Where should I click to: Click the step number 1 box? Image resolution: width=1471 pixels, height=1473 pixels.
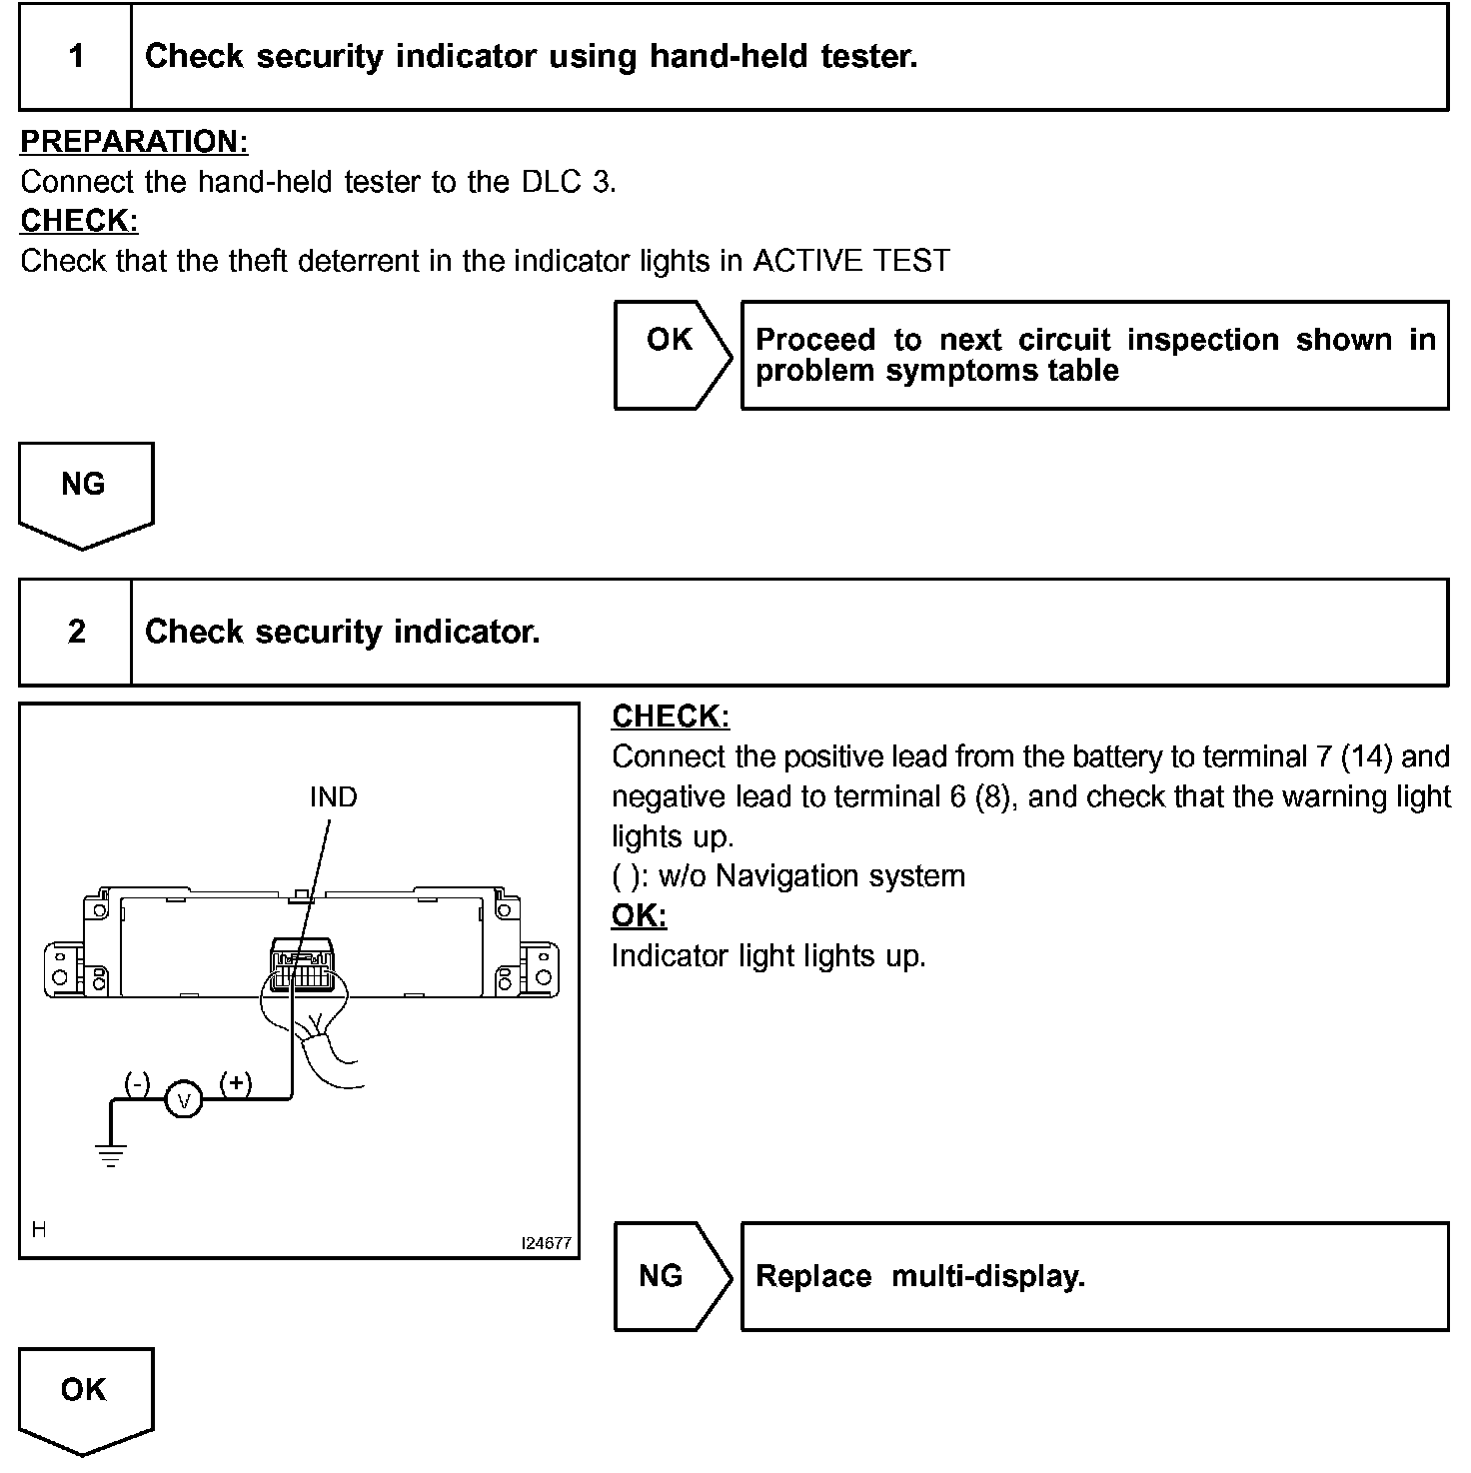[x=76, y=56]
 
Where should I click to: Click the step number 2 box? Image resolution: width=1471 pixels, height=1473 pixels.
[x=76, y=632]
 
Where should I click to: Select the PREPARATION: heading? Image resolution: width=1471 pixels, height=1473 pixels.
[x=134, y=142]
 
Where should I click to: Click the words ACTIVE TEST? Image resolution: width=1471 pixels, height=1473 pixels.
[x=850, y=261]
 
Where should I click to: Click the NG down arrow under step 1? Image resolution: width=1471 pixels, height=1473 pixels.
[x=85, y=493]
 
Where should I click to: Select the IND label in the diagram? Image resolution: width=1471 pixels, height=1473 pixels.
[x=333, y=796]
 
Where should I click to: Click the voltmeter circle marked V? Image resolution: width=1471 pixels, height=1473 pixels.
[x=183, y=1100]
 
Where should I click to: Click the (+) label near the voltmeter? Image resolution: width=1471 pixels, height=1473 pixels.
[x=236, y=1082]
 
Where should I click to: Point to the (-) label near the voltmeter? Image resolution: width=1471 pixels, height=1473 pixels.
[x=137, y=1082]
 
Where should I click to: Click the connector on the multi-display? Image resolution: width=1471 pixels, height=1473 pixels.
[x=302, y=964]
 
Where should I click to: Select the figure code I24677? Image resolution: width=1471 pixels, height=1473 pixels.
[x=546, y=1243]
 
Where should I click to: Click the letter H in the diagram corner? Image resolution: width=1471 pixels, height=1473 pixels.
[x=39, y=1229]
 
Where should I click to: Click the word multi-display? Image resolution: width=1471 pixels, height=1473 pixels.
[x=987, y=1276]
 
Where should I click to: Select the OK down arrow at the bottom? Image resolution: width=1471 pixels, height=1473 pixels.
[x=85, y=1398]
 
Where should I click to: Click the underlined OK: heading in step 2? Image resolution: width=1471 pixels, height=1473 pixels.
[x=639, y=915]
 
